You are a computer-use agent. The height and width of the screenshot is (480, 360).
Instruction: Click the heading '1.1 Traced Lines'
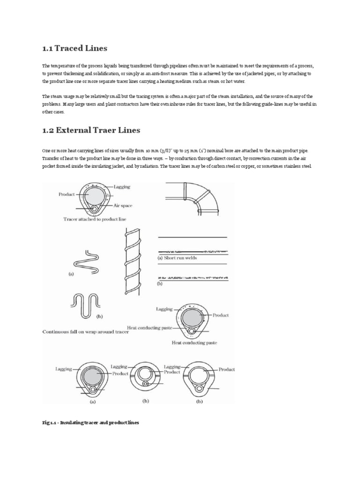point(75,48)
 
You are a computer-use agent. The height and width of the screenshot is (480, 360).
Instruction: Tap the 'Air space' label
point(124,205)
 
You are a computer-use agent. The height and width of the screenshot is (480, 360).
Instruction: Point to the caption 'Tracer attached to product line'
point(95,219)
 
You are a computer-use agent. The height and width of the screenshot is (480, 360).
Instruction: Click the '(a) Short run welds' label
point(177,257)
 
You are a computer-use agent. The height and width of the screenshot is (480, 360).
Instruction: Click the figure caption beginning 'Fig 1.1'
point(90,423)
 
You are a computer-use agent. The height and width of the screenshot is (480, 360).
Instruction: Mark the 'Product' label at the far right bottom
point(226,369)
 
